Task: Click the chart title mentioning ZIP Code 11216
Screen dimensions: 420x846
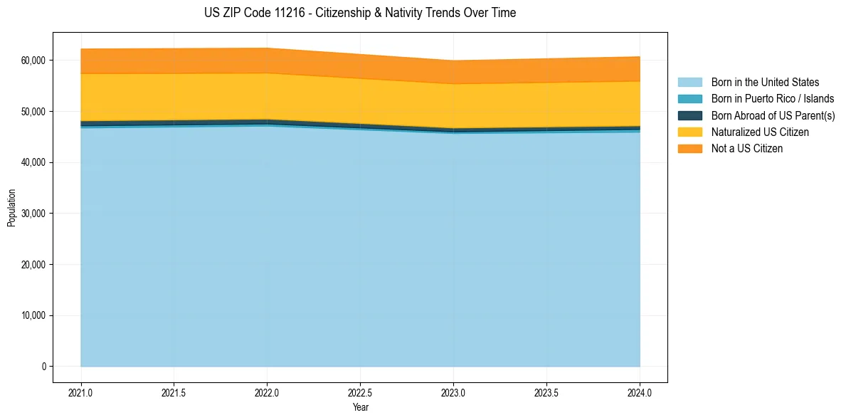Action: tap(360, 13)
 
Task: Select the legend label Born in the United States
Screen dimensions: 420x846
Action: tap(765, 83)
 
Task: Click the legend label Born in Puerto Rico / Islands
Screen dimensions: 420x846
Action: tap(773, 99)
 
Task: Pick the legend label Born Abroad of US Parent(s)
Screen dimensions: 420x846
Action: tap(773, 115)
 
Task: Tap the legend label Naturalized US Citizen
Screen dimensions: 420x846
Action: tap(760, 132)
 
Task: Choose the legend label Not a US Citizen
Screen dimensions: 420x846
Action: tap(747, 149)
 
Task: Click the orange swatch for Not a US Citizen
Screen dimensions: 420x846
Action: tap(689, 149)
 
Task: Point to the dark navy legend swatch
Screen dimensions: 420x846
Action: tap(689, 115)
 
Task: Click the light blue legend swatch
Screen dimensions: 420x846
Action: tap(689, 83)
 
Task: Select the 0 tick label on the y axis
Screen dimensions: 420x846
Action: tap(43, 367)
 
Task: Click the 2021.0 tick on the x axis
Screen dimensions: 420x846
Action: tap(80, 392)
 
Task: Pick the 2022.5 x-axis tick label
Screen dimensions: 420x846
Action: tap(360, 392)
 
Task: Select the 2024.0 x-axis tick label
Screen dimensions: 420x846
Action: tap(640, 392)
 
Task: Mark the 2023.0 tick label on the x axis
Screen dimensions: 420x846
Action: tap(453, 392)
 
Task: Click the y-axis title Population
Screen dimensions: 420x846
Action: tap(11, 208)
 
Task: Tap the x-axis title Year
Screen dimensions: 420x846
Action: tap(360, 407)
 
